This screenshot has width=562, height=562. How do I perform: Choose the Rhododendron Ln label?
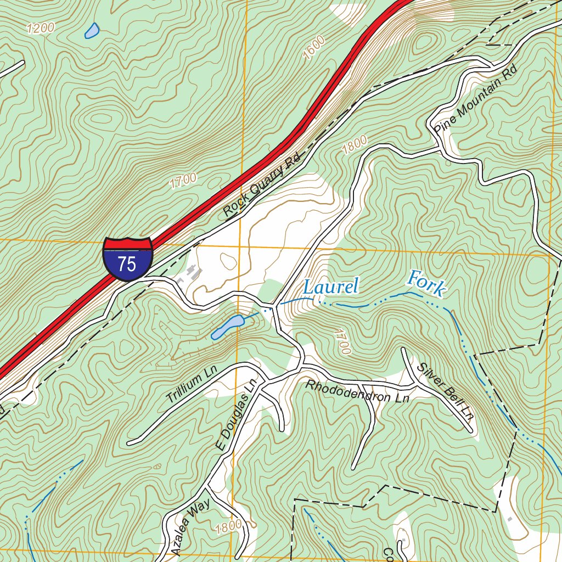tap(358, 391)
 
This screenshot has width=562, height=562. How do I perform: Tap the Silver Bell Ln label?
tap(445, 391)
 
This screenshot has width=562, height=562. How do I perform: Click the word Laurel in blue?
tap(330, 286)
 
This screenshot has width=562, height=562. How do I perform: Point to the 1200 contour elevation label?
tap(40, 28)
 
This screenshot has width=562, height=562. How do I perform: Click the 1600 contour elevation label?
tap(313, 48)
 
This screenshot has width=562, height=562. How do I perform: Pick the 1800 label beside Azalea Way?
tap(228, 527)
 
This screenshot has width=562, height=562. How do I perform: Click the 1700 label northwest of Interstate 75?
tap(183, 181)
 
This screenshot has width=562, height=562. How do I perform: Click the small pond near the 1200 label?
tap(92, 31)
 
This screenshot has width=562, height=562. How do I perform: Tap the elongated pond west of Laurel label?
tap(227, 327)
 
